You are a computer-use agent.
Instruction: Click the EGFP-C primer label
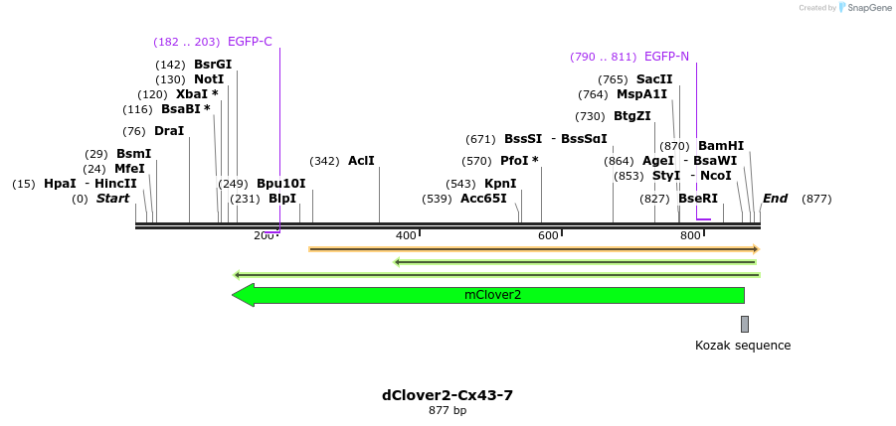tap(250, 42)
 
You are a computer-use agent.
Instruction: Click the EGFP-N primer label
tap(666, 57)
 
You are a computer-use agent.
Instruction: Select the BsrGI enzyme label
tap(213, 65)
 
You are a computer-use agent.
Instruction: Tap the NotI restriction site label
tap(209, 79)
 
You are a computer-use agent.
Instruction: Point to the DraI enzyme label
tap(169, 131)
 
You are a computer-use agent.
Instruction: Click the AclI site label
tap(361, 161)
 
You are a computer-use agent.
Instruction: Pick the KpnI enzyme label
tap(500, 184)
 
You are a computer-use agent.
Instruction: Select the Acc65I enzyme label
tap(483, 199)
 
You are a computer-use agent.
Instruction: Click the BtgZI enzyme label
tap(632, 116)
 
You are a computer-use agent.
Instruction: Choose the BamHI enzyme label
tap(721, 146)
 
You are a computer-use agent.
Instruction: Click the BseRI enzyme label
tap(698, 199)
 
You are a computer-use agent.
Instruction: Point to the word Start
tap(112, 199)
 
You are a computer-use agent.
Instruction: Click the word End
tap(775, 199)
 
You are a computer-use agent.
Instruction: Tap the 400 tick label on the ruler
tap(406, 235)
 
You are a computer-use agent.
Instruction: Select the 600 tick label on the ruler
tap(548, 235)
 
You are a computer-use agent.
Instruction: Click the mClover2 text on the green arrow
tap(492, 295)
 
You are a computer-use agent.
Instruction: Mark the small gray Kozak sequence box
tap(744, 324)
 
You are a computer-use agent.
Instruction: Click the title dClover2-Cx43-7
tap(448, 395)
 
